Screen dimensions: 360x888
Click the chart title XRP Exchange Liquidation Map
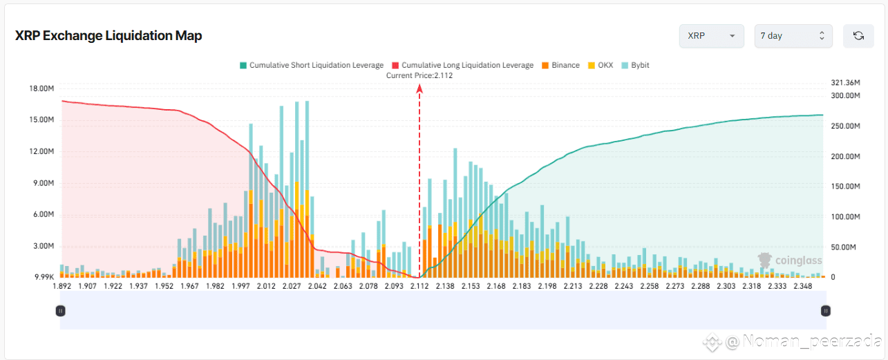108,36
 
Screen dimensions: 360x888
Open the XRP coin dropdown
711,36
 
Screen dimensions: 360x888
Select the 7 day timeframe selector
793,36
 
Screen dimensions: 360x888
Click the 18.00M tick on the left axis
42,88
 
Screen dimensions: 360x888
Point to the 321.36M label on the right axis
845,83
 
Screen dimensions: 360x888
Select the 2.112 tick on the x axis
419,285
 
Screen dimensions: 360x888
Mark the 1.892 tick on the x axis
62,285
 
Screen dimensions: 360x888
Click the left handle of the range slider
60,311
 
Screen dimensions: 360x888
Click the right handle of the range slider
825,311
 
